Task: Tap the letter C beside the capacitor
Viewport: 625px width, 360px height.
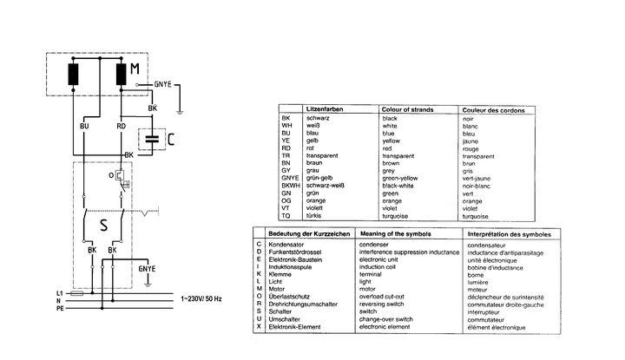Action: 171,138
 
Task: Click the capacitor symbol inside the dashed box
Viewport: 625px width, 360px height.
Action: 154,137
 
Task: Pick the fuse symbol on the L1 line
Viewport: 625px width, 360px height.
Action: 77,293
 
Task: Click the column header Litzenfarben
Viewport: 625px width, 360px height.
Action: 325,108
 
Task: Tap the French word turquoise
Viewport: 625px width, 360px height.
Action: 477,215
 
